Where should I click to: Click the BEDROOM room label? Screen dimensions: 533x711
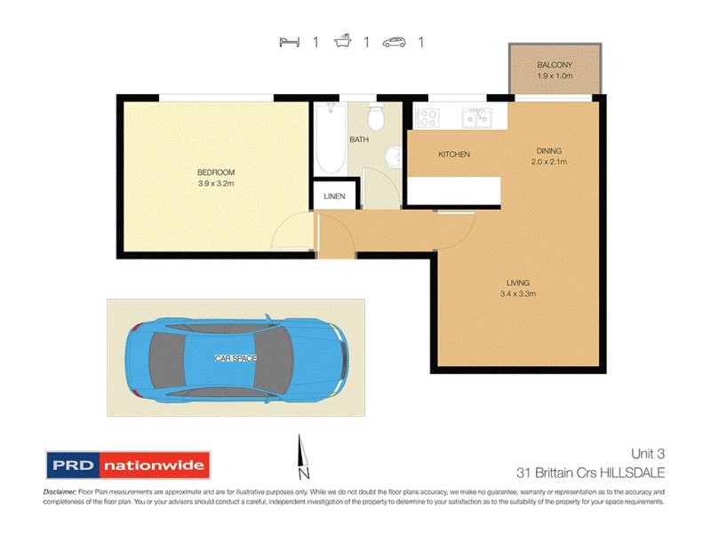tap(216, 171)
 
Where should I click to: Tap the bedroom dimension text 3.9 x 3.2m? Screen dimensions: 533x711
tap(216, 183)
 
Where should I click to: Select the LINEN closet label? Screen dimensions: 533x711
tap(335, 196)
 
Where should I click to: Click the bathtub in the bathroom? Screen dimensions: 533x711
tap(329, 142)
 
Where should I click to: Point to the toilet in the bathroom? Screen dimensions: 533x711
tap(376, 115)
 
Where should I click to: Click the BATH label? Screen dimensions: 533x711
tap(359, 139)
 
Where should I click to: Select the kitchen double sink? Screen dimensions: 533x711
tap(477, 116)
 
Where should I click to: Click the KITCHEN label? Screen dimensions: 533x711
tap(453, 155)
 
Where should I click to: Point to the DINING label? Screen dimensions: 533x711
tap(548, 151)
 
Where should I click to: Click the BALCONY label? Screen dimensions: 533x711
tap(555, 66)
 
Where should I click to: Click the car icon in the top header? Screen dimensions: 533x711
tap(395, 41)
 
